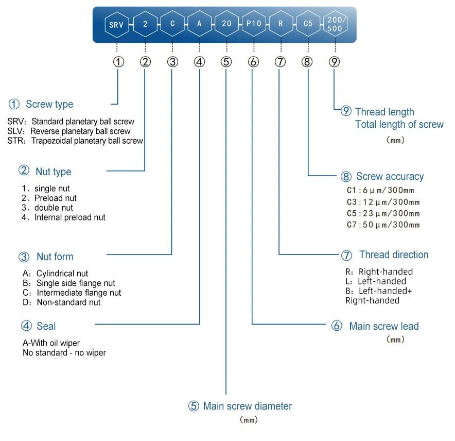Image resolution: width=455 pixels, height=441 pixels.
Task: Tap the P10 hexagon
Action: coord(253,24)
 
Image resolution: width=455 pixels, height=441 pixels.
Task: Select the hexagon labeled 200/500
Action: coord(335,24)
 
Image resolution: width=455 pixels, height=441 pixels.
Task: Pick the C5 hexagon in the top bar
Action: coord(308,24)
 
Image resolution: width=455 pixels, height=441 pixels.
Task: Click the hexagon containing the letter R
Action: coord(281,24)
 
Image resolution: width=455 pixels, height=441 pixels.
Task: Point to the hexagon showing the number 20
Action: coord(226,24)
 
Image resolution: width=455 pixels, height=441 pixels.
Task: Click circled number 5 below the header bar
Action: coord(226,62)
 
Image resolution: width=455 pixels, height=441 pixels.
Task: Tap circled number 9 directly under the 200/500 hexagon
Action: coord(335,62)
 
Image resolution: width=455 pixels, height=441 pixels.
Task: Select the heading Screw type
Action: coord(49,104)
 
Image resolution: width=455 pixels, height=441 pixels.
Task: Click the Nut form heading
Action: coord(55,257)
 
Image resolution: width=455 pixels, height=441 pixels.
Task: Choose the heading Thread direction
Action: coord(393,255)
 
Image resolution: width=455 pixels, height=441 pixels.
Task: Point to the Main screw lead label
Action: coord(383,326)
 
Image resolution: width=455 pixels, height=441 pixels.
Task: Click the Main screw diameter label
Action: coord(247,406)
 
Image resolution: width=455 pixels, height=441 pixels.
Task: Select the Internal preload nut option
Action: coord(69,217)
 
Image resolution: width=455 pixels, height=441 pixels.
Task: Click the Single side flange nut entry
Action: coord(75,283)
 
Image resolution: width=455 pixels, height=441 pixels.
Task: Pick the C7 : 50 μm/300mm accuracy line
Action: coord(383,225)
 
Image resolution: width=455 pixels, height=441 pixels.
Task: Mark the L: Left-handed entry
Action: coord(376,281)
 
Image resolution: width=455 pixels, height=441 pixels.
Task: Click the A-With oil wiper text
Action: coord(51,343)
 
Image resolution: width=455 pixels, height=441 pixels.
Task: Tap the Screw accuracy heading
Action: coord(390,176)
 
